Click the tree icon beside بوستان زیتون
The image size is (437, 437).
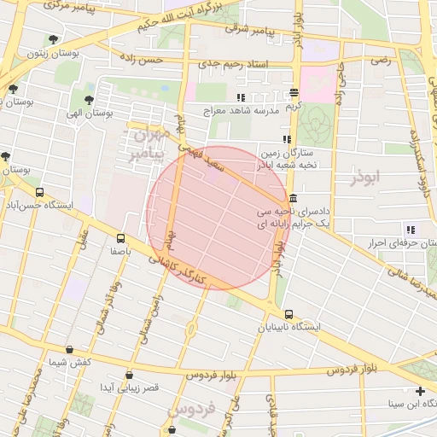coord(54,39)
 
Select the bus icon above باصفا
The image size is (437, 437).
coord(119,239)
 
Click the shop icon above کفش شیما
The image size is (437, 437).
coord(69,349)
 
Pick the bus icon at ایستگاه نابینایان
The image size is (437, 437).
coord(289,314)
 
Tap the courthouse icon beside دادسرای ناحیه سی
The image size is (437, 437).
coord(294,199)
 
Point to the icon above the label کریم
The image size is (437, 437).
coord(294,92)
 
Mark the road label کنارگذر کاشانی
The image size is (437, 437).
coord(184,272)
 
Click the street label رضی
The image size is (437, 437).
coord(380,61)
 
